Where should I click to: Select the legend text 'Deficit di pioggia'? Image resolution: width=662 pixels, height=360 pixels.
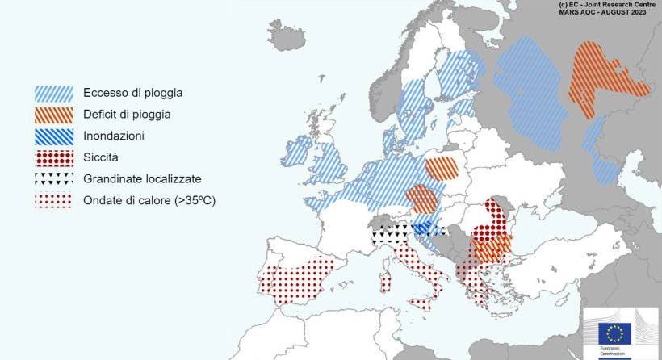[x=127, y=115]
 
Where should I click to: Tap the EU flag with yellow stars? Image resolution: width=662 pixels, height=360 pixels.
[x=614, y=333]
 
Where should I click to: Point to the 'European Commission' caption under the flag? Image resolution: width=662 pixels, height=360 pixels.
[x=614, y=353]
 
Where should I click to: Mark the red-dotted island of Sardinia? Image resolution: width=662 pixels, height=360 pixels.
[x=386, y=280]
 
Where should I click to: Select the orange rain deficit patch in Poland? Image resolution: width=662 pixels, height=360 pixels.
[x=442, y=168]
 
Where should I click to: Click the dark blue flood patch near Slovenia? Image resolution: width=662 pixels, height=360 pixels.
[x=422, y=228]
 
